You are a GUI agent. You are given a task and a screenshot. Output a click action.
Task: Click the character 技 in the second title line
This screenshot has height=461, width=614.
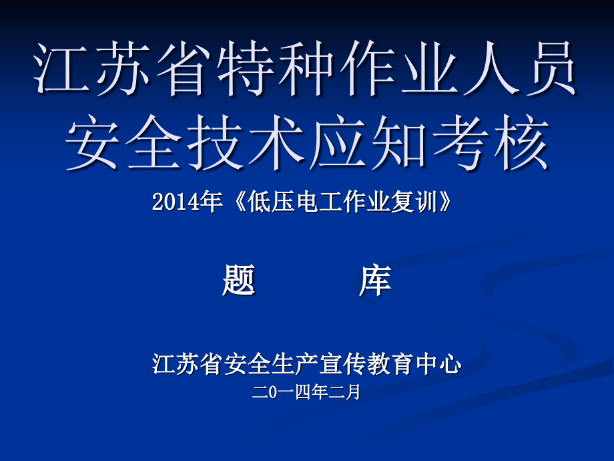[x=216, y=143]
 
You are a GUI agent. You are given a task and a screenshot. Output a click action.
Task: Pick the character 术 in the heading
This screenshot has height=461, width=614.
[x=276, y=143]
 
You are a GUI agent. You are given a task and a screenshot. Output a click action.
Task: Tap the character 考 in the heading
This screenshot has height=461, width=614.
[x=460, y=143]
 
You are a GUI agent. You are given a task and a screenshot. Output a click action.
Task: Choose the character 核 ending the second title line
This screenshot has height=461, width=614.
[x=521, y=143]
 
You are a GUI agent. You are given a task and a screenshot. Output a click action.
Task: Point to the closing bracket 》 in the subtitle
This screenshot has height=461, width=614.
[x=445, y=202]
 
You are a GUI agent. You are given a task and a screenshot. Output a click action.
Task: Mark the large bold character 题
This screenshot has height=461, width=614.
[x=238, y=280]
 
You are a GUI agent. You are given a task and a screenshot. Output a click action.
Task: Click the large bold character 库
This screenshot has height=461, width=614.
[x=375, y=280]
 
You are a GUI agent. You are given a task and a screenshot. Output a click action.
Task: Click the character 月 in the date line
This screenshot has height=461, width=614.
[x=353, y=392]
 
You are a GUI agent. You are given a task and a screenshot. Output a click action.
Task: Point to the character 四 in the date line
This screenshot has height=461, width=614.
[x=303, y=392]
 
